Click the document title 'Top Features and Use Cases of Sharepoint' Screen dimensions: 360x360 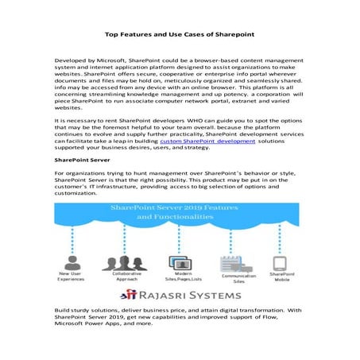180,35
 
